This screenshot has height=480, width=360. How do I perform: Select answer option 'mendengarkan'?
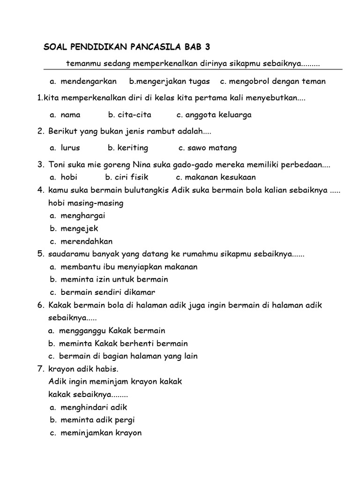pyautogui.click(x=89, y=82)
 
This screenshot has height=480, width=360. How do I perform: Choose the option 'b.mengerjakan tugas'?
pyautogui.click(x=170, y=82)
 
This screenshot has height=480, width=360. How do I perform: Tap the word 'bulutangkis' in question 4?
pyautogui.click(x=149, y=191)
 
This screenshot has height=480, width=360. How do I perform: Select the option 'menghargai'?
pyautogui.click(x=82, y=216)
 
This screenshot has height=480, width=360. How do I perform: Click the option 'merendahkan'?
pyautogui.click(x=86, y=241)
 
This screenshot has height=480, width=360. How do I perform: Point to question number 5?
pyautogui.click(x=40, y=255)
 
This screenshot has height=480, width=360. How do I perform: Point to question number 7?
pyautogui.click(x=41, y=369)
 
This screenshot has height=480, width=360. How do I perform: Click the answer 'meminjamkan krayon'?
pyautogui.click(x=101, y=433)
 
